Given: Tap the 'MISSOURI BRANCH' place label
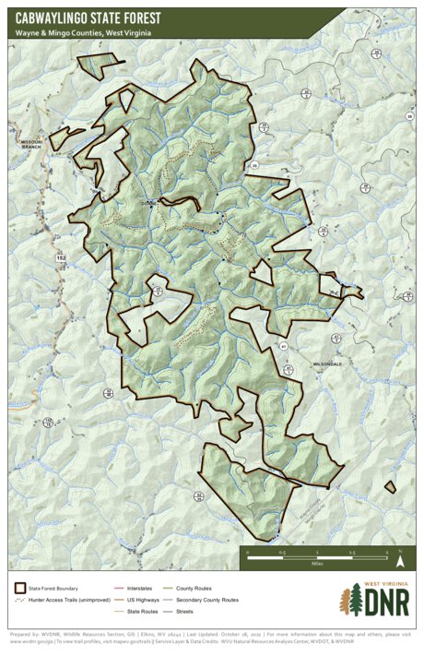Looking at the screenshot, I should click(x=32, y=145).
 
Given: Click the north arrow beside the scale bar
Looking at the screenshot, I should click(x=400, y=557).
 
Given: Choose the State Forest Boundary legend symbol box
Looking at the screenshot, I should click(x=19, y=588).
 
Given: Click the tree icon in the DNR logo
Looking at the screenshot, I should click(x=350, y=603).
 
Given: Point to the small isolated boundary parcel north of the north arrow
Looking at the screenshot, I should click(x=390, y=486).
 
